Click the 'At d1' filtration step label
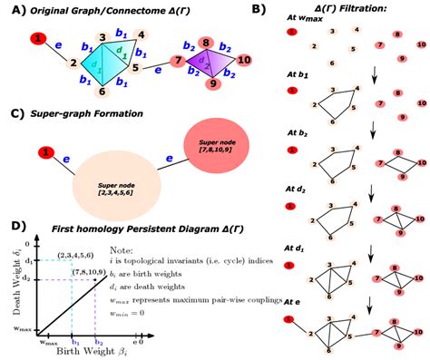pyautogui.click(x=296, y=246)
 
